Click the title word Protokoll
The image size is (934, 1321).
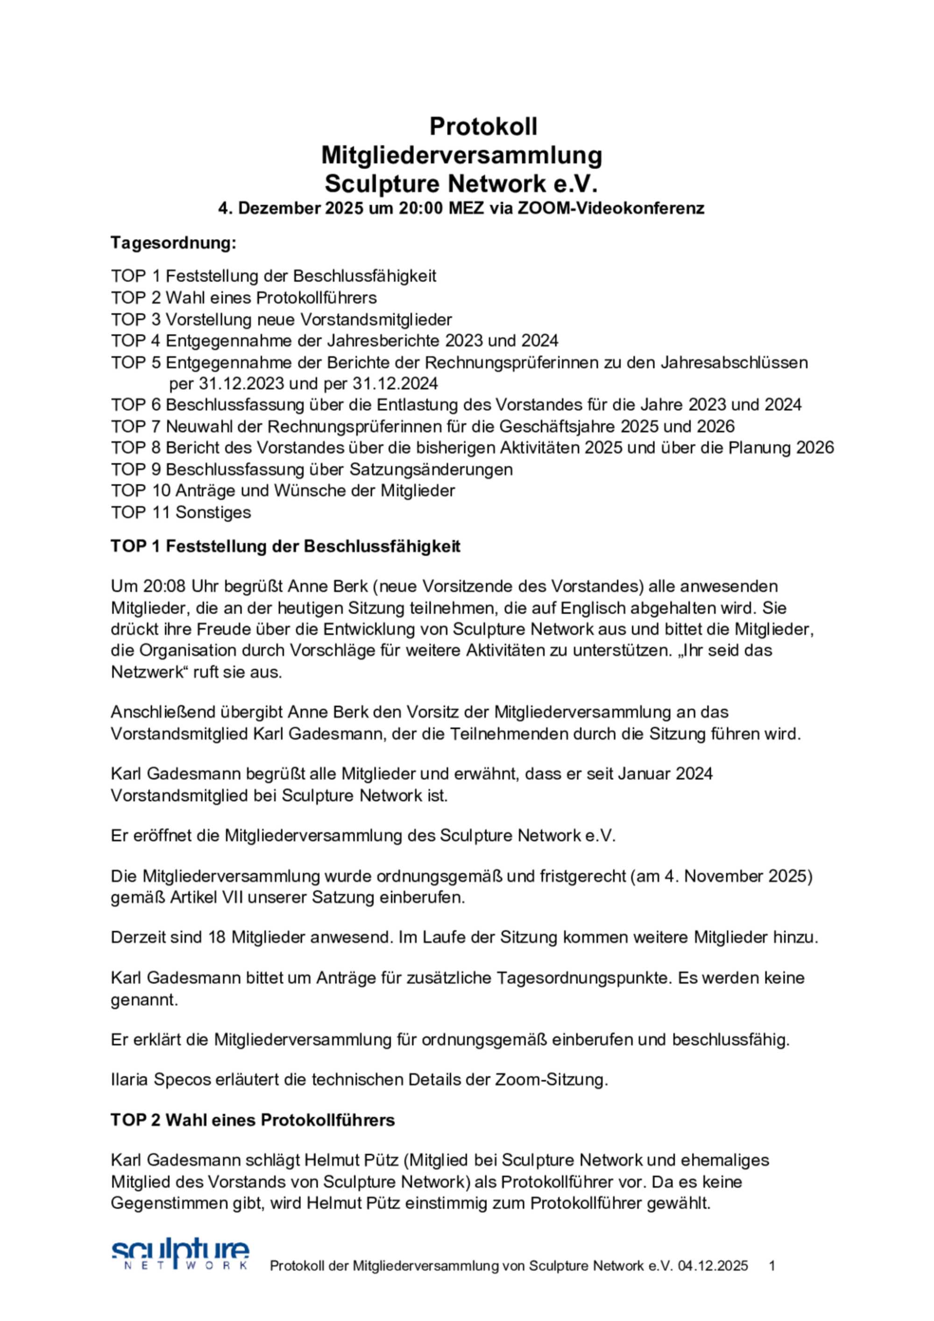pos(483,126)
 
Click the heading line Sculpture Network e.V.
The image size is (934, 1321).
pos(461,184)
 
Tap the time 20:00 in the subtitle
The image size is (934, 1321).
pos(419,208)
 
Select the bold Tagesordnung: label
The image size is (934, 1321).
pos(173,243)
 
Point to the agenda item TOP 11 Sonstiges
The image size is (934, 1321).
pos(181,512)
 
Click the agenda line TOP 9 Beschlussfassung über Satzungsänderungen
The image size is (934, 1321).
pos(311,470)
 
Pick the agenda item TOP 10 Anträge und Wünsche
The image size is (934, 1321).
pos(283,491)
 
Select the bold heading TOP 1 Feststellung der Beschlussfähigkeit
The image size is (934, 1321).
pos(285,546)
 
